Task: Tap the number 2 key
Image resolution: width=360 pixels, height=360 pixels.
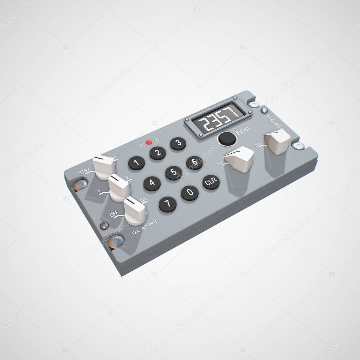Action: pyautogui.click(x=157, y=153)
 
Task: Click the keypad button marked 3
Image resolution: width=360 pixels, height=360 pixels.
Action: pyautogui.click(x=178, y=143)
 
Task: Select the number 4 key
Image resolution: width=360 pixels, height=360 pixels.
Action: pyautogui.click(x=152, y=184)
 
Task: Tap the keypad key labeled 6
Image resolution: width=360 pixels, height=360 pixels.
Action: pyautogui.click(x=194, y=163)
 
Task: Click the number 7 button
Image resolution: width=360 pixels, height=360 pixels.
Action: pyautogui.click(x=168, y=204)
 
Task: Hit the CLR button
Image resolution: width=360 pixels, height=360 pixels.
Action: pyautogui.click(x=211, y=182)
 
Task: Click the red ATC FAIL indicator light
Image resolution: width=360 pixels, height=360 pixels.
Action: pyautogui.click(x=149, y=142)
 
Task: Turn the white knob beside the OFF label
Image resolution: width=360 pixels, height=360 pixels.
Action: pyautogui.click(x=135, y=211)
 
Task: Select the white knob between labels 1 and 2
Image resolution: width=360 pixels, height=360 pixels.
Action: pyautogui.click(x=119, y=187)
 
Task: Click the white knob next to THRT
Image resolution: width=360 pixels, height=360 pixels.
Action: pyautogui.click(x=240, y=159)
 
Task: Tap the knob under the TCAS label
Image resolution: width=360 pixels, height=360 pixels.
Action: pyautogui.click(x=277, y=141)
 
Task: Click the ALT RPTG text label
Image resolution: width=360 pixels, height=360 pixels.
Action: pyautogui.click(x=150, y=225)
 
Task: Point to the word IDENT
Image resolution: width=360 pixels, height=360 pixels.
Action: pyautogui.click(x=243, y=130)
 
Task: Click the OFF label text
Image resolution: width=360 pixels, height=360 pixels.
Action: pyautogui.click(x=114, y=214)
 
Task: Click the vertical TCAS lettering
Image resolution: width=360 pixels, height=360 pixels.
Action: pyautogui.click(x=275, y=122)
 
